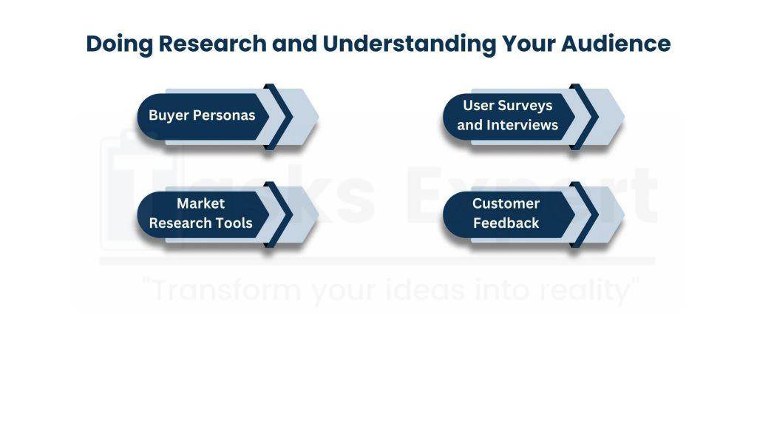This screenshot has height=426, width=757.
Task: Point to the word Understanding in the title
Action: pos(409,44)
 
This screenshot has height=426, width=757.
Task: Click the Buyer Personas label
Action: pos(201,115)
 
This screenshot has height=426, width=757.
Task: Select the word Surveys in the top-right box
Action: pos(525,105)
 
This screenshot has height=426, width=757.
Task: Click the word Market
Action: pos(200,203)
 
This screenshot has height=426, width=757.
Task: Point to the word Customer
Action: pos(506,203)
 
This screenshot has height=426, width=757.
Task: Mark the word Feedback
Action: pos(506,223)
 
